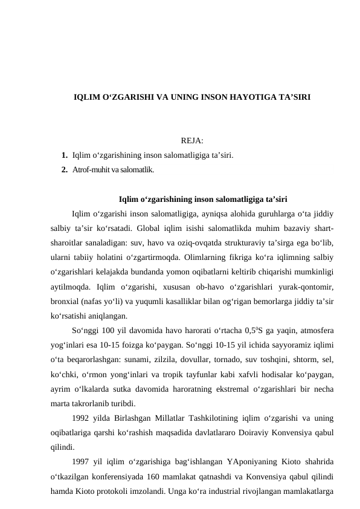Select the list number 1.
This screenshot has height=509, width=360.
tap(63, 155)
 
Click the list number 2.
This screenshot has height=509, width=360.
tap(63, 170)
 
